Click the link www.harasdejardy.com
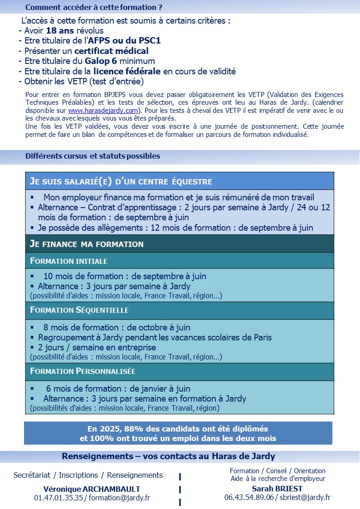pyautogui.click(x=103, y=111)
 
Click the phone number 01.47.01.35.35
pyautogui.click(x=58, y=498)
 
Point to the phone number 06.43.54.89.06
pyautogui.click(x=249, y=497)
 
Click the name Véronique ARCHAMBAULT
pyautogui.click(x=92, y=489)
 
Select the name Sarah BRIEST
pyautogui.click(x=277, y=488)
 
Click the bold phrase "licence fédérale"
pyautogui.click(x=127, y=71)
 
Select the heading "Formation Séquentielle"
pyautogui.click(x=79, y=310)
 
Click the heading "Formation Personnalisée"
pyautogui.click(x=83, y=371)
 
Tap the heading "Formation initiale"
pyautogui.click(x=69, y=261)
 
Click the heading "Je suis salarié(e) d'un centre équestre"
pyautogui.click(x=121, y=181)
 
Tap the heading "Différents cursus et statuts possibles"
pyautogui.click(x=93, y=156)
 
